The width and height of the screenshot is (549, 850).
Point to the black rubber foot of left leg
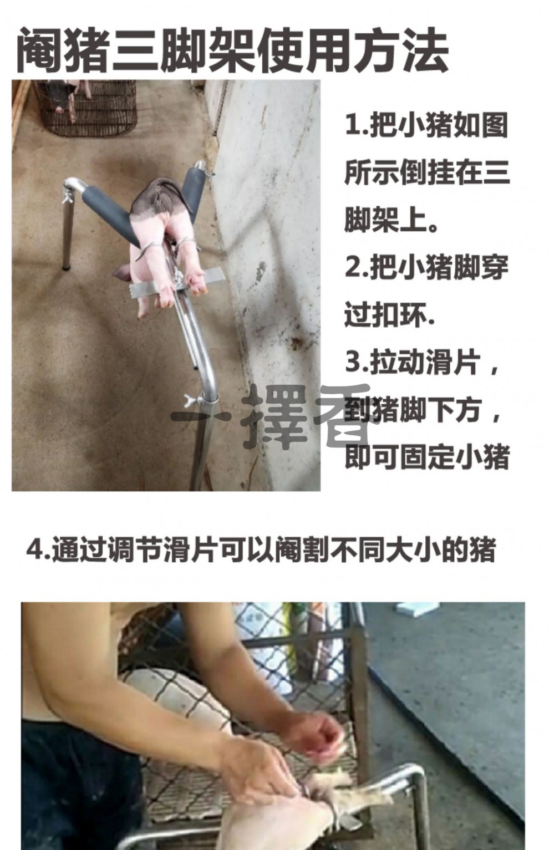click(67, 267)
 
